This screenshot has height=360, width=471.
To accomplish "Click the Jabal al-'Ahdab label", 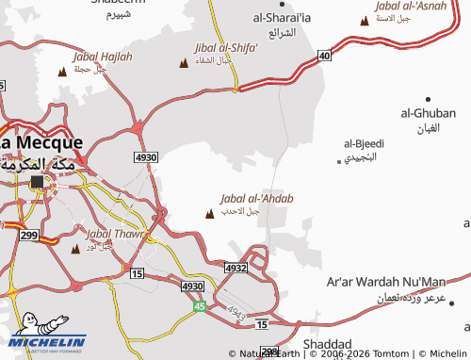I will tap(256, 199).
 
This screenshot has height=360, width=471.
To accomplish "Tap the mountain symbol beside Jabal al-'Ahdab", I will tap(208, 214).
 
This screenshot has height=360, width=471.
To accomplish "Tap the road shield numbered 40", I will tap(324, 57).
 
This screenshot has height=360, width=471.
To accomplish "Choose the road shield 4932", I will tap(235, 269).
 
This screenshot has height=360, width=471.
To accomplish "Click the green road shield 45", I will tap(199, 306).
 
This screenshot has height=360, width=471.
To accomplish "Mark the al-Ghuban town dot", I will tap(429, 99).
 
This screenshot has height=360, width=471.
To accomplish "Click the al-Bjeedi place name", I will tap(364, 143).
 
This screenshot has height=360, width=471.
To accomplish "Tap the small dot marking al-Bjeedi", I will tap(339, 161).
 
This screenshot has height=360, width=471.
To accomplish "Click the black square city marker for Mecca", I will tap(37, 181).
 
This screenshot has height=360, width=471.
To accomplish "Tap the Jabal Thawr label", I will tap(114, 234).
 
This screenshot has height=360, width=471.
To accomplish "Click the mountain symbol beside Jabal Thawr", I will tap(75, 250).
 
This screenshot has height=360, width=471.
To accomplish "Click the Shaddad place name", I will tap(328, 344).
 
